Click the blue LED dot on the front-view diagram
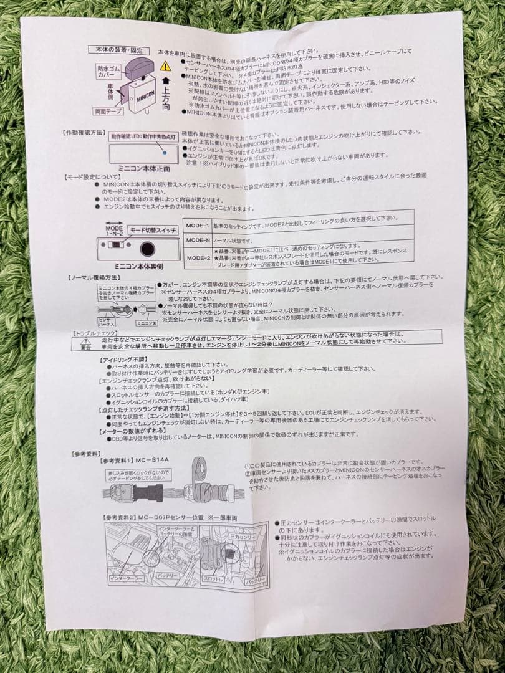163,152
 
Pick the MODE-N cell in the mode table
197,239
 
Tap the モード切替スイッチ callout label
153,231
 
